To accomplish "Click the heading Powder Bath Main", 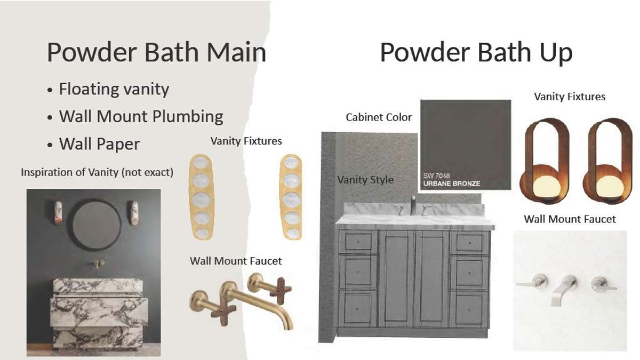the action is coord(157,52).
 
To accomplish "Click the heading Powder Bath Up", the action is coord(476,53).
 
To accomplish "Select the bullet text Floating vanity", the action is coord(114,89).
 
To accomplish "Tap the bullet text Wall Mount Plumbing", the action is coord(141,117).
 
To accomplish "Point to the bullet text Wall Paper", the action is coord(99,143).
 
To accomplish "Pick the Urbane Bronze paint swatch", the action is coord(466,145).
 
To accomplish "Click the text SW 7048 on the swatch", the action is coord(436,175).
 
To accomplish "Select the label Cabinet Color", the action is coord(379,117).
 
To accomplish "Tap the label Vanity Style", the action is coord(365,180).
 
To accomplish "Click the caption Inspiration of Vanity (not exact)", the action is coord(97,172).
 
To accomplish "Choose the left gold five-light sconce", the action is coord(202,197).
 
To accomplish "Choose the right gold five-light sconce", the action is coord(291,197).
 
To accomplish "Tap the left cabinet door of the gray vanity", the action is coord(397,278).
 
